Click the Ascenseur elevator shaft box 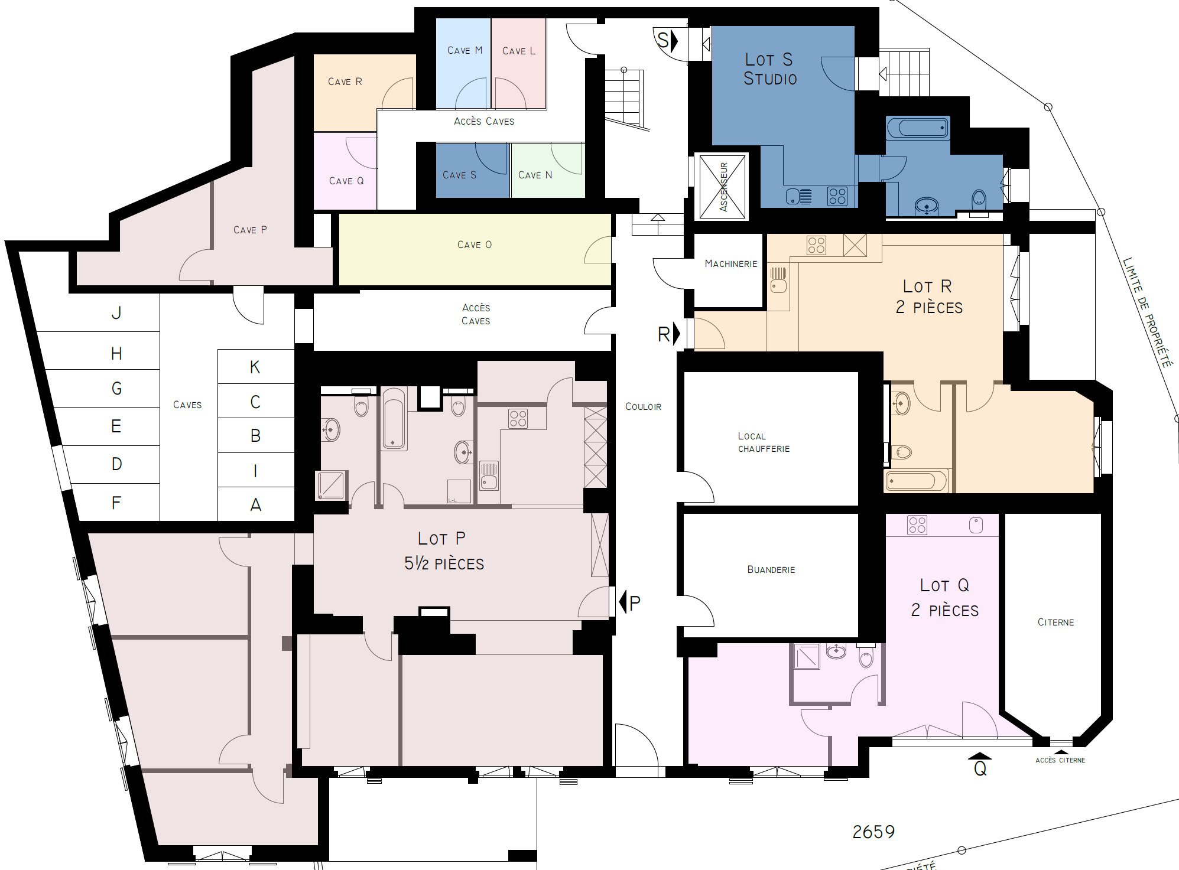pos(723,187)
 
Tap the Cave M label pos(465,51)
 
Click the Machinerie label pos(730,264)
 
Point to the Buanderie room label pos(771,570)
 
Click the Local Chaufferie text pos(763,442)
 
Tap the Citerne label pos(1055,623)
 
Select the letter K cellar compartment pos(255,367)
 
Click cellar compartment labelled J pos(116,313)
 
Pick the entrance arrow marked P pos(623,602)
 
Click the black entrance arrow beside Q pos(979,755)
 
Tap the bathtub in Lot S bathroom pos(918,128)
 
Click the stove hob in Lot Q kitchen pos(917,525)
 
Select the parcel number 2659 pos(873,832)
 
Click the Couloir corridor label pos(643,407)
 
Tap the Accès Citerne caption pos(1060,761)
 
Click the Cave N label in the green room pos(535,175)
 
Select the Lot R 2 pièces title pos(928,297)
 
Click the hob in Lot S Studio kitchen pos(837,196)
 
